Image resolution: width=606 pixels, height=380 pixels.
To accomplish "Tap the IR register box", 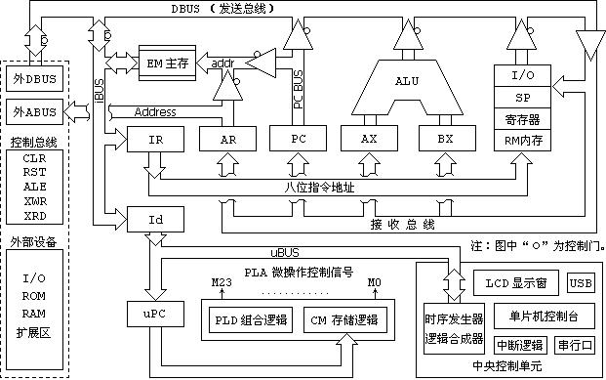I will click(154, 140).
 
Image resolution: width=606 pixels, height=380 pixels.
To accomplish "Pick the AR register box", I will click(229, 140).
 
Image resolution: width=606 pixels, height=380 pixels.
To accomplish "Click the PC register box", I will click(300, 140).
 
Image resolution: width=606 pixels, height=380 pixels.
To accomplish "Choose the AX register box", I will click(369, 140).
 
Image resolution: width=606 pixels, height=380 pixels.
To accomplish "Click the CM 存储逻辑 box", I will click(342, 319).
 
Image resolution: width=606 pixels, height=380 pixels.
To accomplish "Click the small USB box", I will click(580, 283).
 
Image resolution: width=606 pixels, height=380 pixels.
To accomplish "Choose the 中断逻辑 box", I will click(520, 345).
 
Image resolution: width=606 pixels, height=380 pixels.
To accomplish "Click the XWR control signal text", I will click(34, 199).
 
